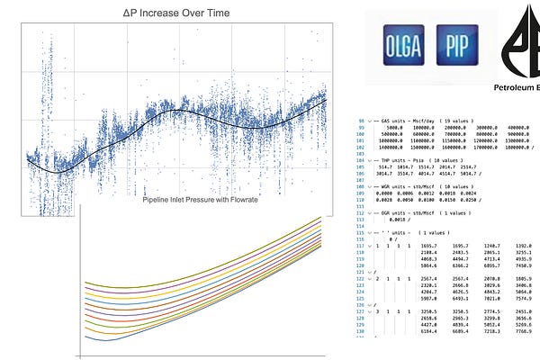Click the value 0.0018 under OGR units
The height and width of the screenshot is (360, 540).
point(393,219)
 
